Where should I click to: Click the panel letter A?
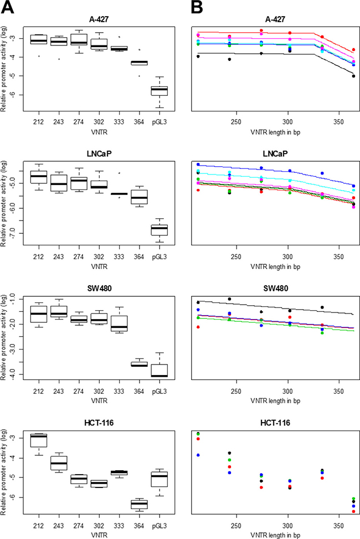tap(8, 7)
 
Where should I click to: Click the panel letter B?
tap(197, 7)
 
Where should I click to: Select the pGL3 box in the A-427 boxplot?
tap(159, 91)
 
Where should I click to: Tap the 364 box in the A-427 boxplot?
tap(139, 63)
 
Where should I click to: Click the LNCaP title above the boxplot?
tap(99, 153)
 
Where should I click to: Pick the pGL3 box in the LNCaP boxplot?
tap(159, 230)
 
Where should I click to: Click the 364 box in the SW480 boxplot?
tap(139, 364)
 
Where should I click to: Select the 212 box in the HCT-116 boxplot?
tap(39, 440)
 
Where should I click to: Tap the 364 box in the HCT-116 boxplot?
tap(139, 504)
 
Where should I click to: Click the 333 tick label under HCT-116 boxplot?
tap(119, 526)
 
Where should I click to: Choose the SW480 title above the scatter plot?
tap(275, 288)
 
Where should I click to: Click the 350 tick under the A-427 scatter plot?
tap(339, 122)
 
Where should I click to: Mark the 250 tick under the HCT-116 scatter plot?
tap(236, 526)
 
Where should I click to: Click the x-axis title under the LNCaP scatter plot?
tap(275, 266)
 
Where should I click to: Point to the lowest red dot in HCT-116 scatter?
tap(353, 511)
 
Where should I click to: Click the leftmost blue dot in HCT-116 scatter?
tap(198, 455)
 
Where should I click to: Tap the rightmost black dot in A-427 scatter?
tap(353, 76)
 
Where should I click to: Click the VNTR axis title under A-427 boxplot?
tap(99, 132)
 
